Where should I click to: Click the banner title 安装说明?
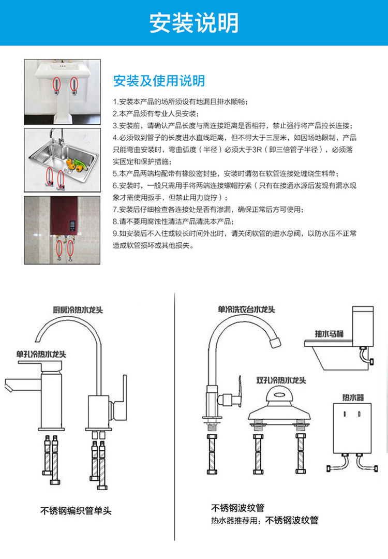click(x=194, y=23)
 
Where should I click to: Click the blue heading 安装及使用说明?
click(x=159, y=81)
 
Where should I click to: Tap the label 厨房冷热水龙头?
click(x=78, y=310)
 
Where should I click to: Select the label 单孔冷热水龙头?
click(x=41, y=354)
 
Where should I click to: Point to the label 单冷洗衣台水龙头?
click(x=246, y=310)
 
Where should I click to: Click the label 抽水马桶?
click(x=329, y=333)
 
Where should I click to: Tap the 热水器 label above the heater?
click(x=353, y=398)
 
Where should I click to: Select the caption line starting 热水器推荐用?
click(x=264, y=520)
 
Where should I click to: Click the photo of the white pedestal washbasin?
click(x=62, y=92)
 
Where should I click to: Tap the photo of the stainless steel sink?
click(x=62, y=160)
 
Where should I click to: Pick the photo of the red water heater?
click(x=62, y=229)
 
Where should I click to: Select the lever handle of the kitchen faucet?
click(x=123, y=395)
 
